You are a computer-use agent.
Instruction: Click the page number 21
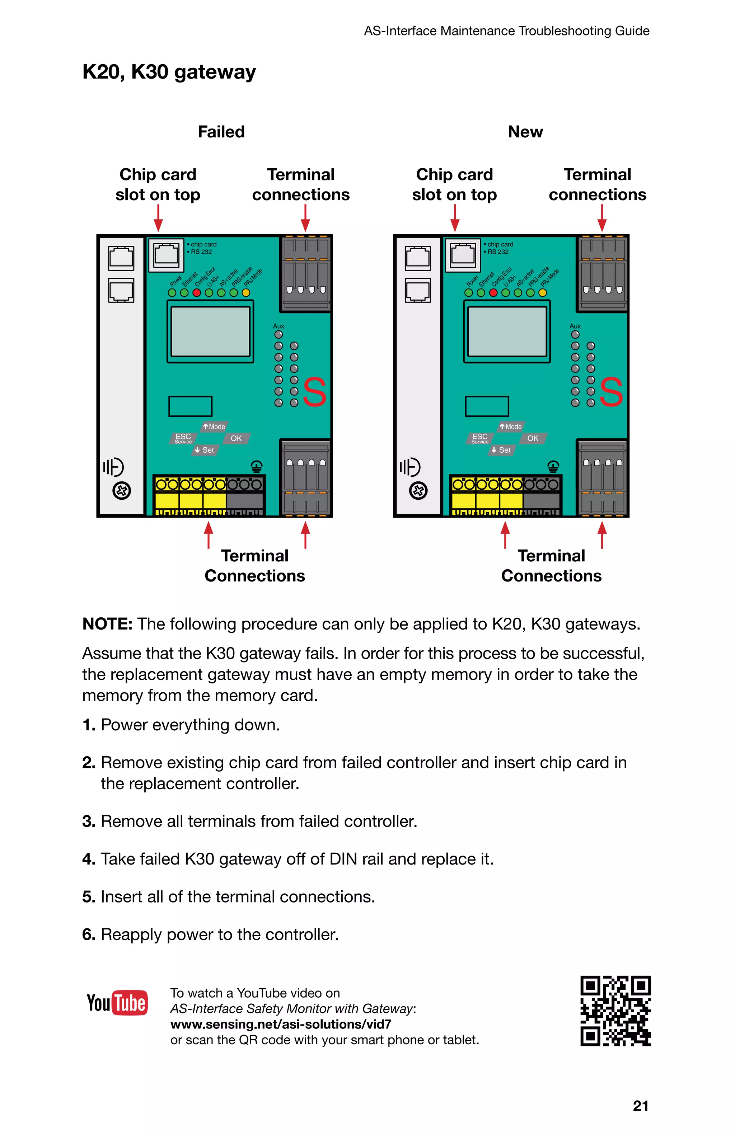pos(640,1106)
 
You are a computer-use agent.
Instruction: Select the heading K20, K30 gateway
pos(169,72)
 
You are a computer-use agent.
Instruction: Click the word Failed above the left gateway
pos(221,132)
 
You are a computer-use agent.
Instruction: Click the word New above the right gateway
pos(525,132)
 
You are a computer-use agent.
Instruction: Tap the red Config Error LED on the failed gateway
pos(197,292)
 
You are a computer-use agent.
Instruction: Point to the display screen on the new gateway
pos(506,331)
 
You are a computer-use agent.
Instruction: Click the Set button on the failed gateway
pos(205,450)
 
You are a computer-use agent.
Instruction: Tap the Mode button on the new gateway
pos(511,426)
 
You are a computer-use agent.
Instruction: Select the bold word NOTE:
pos(107,624)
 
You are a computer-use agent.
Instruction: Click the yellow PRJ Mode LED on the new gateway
pos(542,292)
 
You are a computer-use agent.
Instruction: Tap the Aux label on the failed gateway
pos(278,326)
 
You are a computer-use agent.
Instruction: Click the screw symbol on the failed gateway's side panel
pos(122,490)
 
